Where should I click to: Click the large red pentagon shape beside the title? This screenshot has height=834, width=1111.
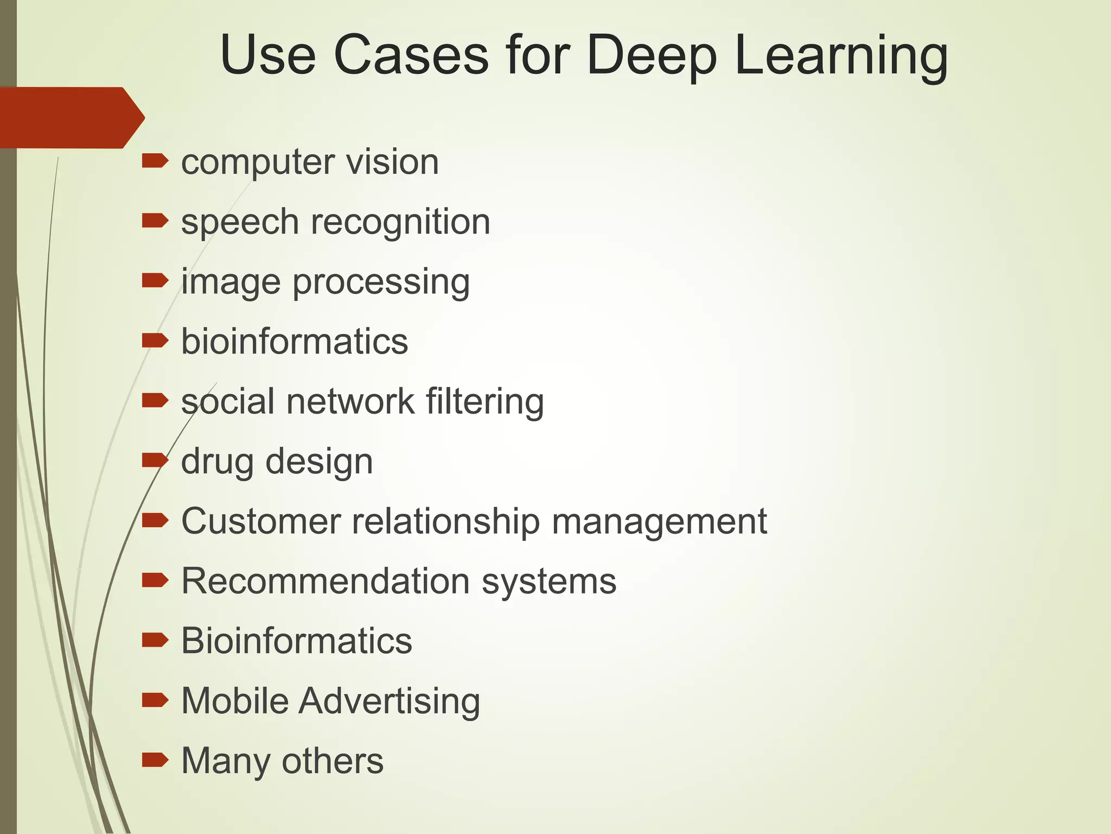[x=71, y=117]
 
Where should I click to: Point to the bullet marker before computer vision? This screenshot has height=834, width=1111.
[x=155, y=161]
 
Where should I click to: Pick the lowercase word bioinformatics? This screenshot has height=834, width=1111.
[x=295, y=342]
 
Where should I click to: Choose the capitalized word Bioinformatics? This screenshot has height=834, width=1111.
[x=296, y=641]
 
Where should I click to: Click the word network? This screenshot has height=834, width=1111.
[x=350, y=402]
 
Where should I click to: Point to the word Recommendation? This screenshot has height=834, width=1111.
[x=325, y=581]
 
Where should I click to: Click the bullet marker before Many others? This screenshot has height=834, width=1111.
[x=155, y=760]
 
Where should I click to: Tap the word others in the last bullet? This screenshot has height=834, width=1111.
[x=332, y=761]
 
